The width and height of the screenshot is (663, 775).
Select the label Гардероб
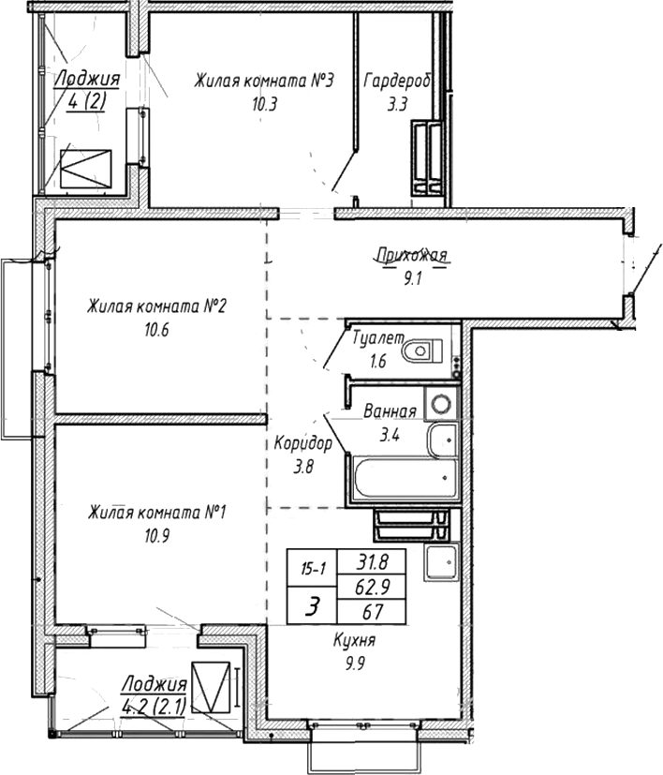pyautogui.click(x=397, y=81)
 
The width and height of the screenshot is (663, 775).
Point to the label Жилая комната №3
pyautogui.click(x=264, y=82)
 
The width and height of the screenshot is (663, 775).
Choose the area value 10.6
pyautogui.click(x=155, y=329)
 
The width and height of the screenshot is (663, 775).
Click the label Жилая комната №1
pyautogui.click(x=159, y=513)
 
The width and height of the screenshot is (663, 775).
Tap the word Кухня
pyautogui.click(x=354, y=641)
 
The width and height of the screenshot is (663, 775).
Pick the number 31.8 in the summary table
pyautogui.click(x=372, y=561)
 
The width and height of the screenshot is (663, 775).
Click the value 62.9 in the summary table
pyautogui.click(x=372, y=588)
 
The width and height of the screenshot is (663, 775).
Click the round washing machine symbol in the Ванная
pyautogui.click(x=442, y=406)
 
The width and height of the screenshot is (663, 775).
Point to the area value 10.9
pyautogui.click(x=155, y=537)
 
